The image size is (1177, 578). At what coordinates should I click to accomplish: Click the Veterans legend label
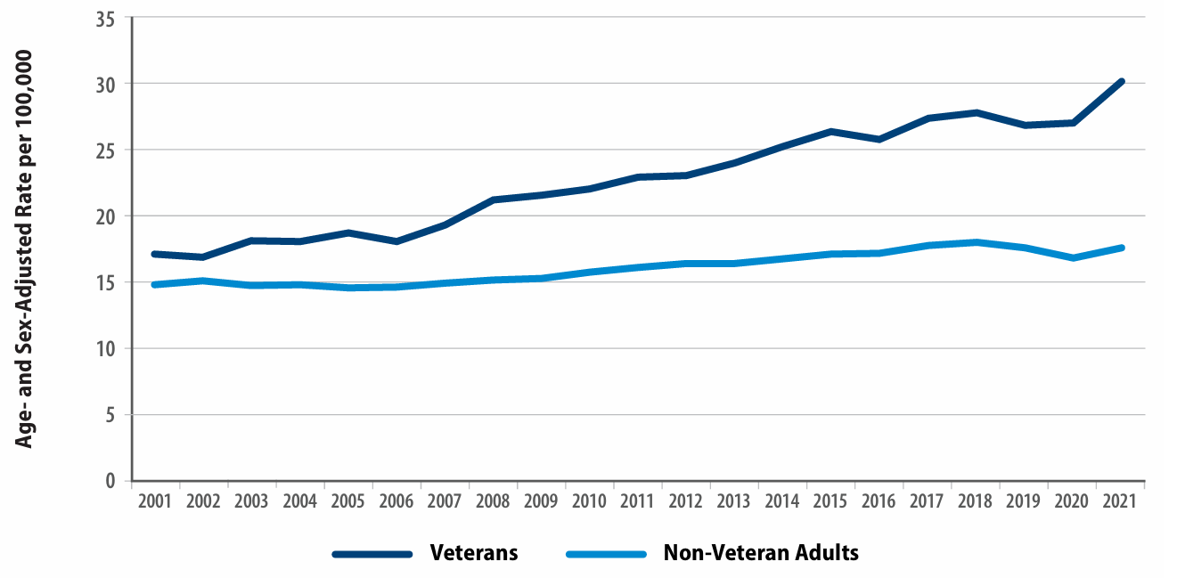pyautogui.click(x=473, y=553)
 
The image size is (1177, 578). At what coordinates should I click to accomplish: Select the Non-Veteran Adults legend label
pyautogui.click(x=761, y=553)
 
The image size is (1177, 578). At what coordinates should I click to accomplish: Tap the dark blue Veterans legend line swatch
pyautogui.click(x=372, y=554)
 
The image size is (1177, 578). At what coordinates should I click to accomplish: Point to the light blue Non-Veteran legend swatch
pyautogui.click(x=606, y=554)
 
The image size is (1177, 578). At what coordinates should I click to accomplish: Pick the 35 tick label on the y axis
pyautogui.click(x=106, y=18)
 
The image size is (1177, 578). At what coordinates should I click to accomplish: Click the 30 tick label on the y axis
pyautogui.click(x=106, y=84)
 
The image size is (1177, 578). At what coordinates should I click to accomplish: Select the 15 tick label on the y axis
pyautogui.click(x=106, y=282)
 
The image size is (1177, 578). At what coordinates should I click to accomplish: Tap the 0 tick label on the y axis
pyautogui.click(x=110, y=481)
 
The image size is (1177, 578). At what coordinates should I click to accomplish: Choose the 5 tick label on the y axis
pyautogui.click(x=110, y=415)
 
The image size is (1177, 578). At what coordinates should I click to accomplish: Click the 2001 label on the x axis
pyautogui.click(x=156, y=501)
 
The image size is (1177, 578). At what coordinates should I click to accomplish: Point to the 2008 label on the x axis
pyautogui.click(x=493, y=501)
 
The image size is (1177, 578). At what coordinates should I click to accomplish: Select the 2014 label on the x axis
pyautogui.click(x=781, y=501)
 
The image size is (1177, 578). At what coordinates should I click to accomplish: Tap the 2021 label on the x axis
pyautogui.click(x=1118, y=501)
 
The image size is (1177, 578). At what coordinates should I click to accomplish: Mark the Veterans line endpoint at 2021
pyautogui.click(x=1121, y=82)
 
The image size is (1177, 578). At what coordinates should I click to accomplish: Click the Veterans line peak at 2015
pyautogui.click(x=831, y=132)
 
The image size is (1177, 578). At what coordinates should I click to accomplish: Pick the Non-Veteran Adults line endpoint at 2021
pyautogui.click(x=1121, y=248)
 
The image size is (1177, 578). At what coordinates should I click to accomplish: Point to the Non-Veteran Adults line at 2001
pyautogui.click(x=156, y=285)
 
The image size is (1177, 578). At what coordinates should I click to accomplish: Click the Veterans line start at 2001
pyautogui.click(x=156, y=254)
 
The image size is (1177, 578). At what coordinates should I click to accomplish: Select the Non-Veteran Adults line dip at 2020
pyautogui.click(x=1073, y=257)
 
